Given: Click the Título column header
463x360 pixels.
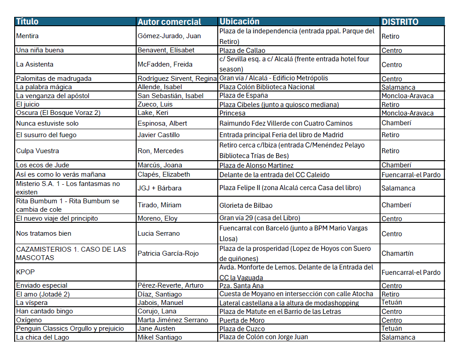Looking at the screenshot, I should pyautogui.click(x=27, y=21).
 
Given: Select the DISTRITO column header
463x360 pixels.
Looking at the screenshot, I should pyautogui.click(x=400, y=22).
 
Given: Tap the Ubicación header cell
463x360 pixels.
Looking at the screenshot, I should pyautogui.click(x=239, y=21).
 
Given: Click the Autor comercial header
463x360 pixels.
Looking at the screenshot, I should pyautogui.click(x=169, y=22).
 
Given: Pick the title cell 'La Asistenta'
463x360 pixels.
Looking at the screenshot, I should pyautogui.click(x=35, y=64).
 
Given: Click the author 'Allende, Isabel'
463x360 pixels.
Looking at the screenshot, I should pyautogui.click(x=160, y=87).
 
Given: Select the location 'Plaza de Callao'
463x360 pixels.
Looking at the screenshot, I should pyautogui.click(x=242, y=50).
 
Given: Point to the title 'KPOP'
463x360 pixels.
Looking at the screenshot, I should pyautogui.click(x=25, y=272).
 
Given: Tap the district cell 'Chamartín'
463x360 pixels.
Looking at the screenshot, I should pyautogui.click(x=397, y=253).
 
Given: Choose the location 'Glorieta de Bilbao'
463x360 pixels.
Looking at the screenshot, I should pyautogui.click(x=246, y=205).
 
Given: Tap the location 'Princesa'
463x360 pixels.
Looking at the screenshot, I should pyautogui.click(x=232, y=113).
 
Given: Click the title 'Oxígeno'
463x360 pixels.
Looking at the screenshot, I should pyautogui.click(x=29, y=320).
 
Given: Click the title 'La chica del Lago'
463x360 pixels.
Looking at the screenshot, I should pyautogui.click(x=43, y=337).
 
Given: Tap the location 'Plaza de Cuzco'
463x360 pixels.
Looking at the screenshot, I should pyautogui.click(x=242, y=328).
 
